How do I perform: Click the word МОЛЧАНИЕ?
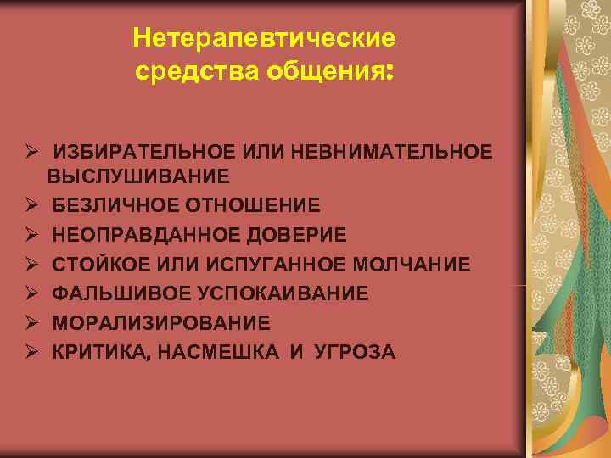click(417, 265)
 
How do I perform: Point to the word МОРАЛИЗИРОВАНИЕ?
click(161, 323)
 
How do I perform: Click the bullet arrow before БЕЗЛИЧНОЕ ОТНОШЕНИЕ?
click(30, 205)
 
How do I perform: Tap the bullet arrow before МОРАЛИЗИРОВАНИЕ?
click(30, 323)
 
